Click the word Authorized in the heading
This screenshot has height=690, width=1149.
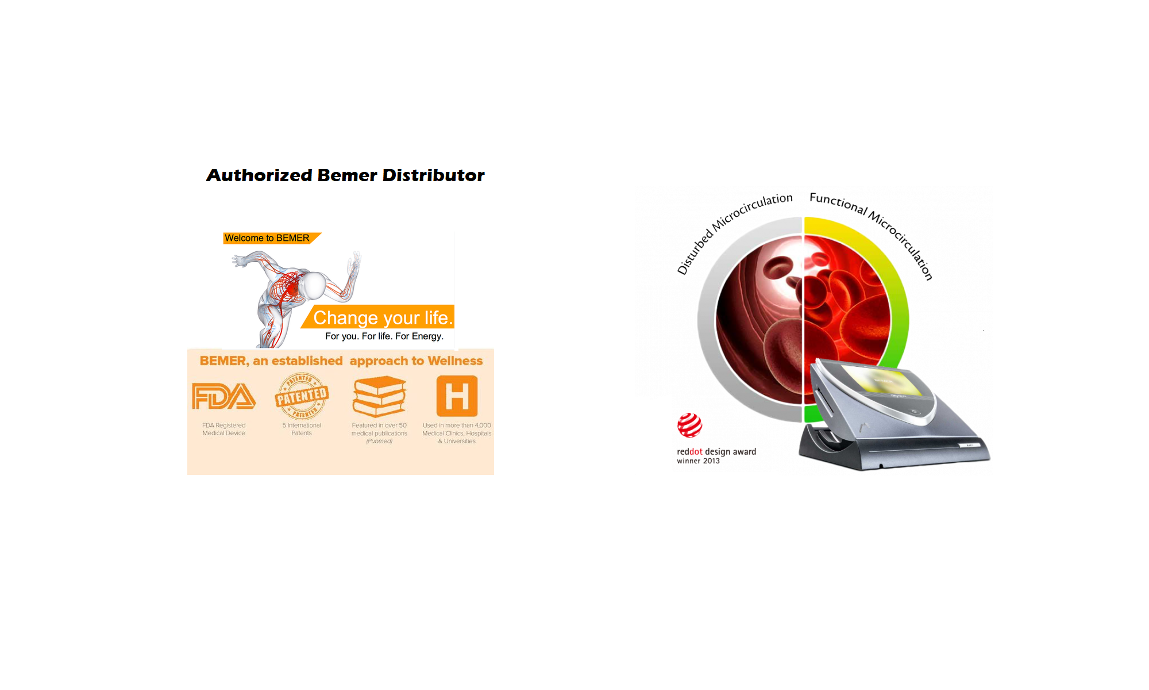260,175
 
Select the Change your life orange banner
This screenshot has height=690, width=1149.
379,317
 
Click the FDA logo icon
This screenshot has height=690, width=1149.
223,396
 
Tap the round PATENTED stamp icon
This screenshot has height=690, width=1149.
302,396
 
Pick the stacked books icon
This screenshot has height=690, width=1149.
379,396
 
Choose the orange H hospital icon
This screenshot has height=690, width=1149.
457,396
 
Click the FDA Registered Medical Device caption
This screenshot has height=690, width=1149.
223,430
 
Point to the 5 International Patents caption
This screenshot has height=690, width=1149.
302,430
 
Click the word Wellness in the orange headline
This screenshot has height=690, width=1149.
455,361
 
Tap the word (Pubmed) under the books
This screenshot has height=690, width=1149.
379,442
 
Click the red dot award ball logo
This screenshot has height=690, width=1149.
689,425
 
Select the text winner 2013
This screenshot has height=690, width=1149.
698,461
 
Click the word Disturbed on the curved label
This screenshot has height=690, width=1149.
695,251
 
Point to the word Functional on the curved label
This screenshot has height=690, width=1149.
838,204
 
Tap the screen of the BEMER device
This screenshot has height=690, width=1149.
881,381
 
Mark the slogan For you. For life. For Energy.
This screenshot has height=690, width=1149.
384,336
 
